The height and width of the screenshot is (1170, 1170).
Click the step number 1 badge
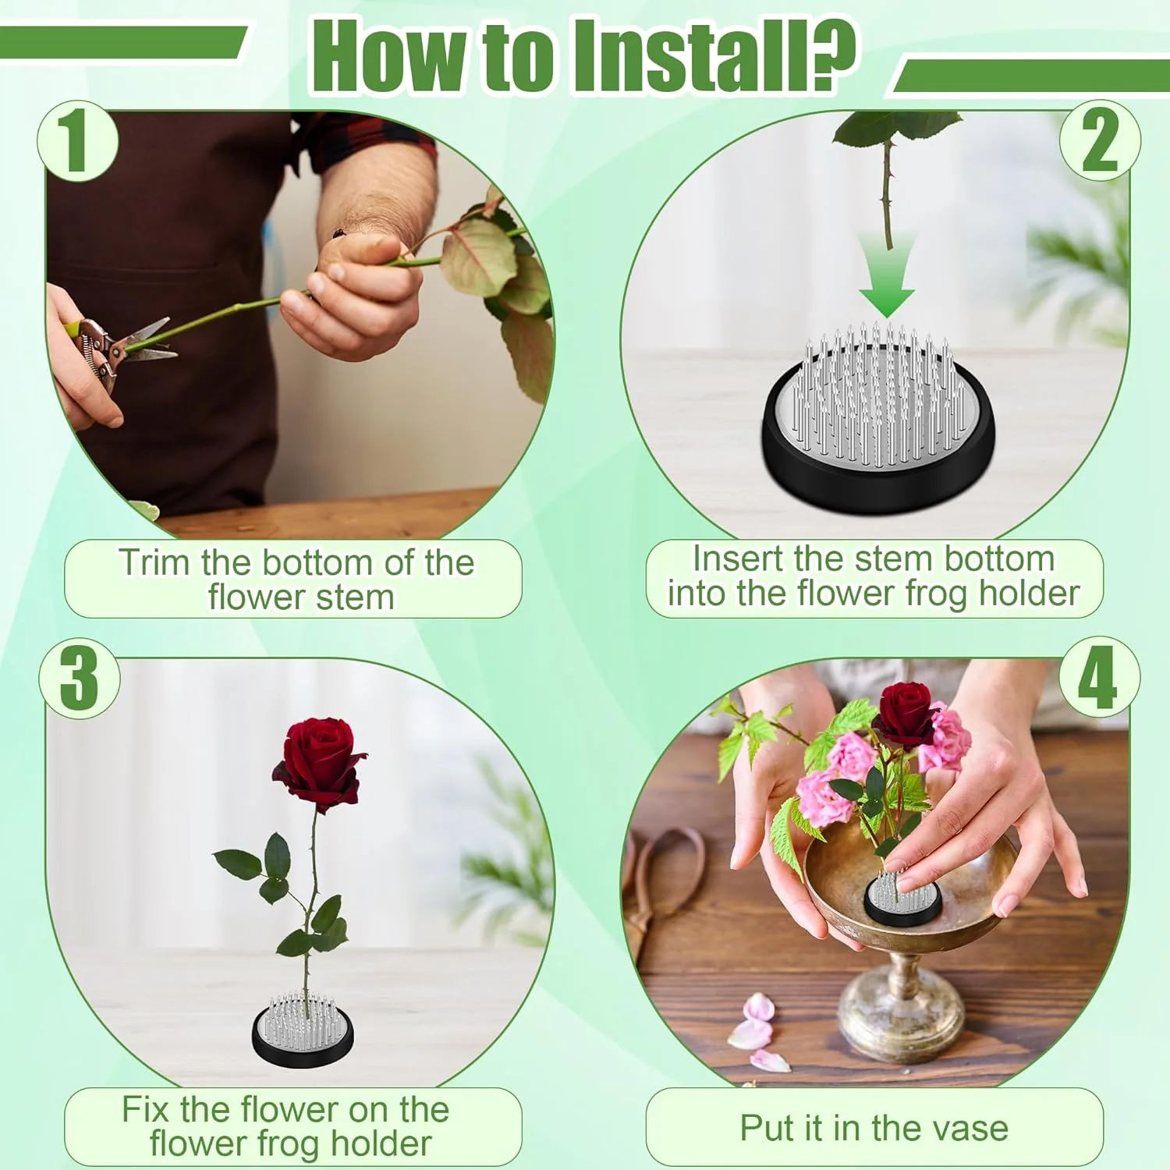pos(77,141)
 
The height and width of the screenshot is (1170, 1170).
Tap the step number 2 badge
pos(1100,141)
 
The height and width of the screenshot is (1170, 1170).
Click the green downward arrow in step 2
pos(888,275)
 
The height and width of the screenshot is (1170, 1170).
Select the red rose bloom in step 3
pos(319,764)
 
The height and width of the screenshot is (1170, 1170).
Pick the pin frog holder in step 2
pos(879,417)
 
